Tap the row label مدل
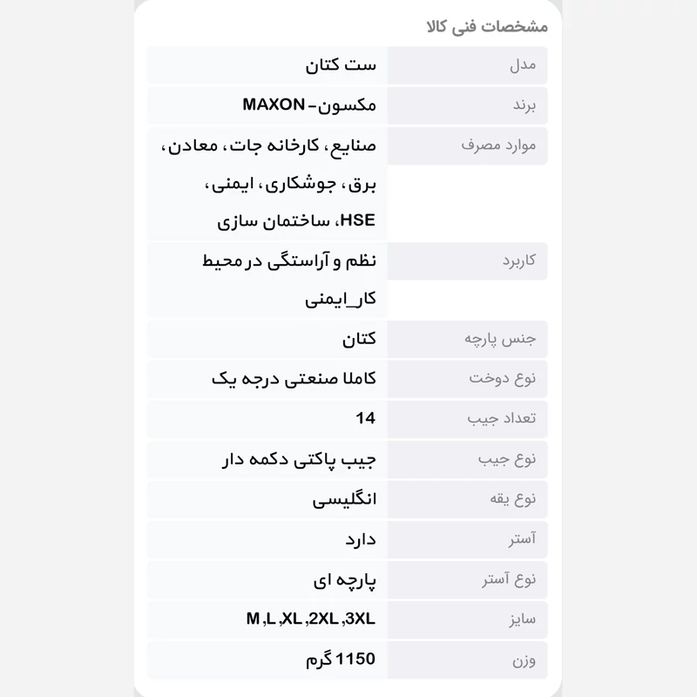(x=523, y=65)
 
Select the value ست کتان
(x=342, y=65)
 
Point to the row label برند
(x=524, y=105)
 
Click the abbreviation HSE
(x=359, y=221)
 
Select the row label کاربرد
(x=519, y=261)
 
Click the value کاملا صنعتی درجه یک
(x=294, y=379)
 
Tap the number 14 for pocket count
(x=366, y=419)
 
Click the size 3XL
(x=360, y=619)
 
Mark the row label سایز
(x=523, y=619)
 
